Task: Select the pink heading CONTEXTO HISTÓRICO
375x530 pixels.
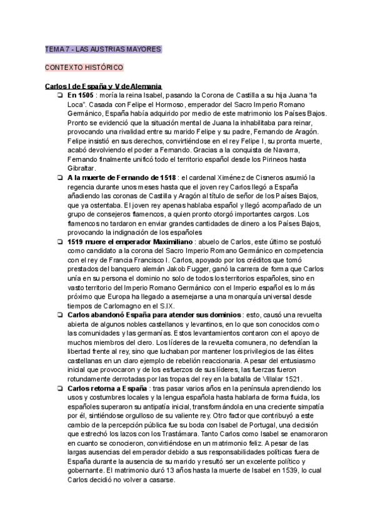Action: tap(84, 67)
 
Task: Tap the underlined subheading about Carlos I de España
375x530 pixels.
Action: tap(104, 86)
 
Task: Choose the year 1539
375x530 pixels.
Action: tap(285, 471)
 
